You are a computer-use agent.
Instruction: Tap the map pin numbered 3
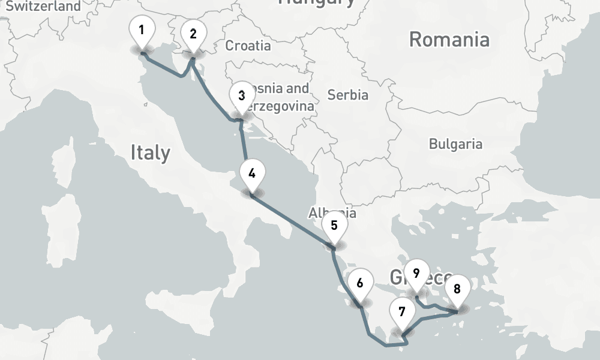pos(241,97)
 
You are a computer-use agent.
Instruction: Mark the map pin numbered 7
pos(402,313)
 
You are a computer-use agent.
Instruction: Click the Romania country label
pos(449,40)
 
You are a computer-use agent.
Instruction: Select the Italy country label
pos(150,153)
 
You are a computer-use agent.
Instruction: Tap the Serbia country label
pos(348,95)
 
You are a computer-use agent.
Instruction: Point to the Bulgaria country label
pos(455,144)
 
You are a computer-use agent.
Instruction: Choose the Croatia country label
pos(248,46)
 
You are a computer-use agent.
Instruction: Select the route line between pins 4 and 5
pos(293,220)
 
